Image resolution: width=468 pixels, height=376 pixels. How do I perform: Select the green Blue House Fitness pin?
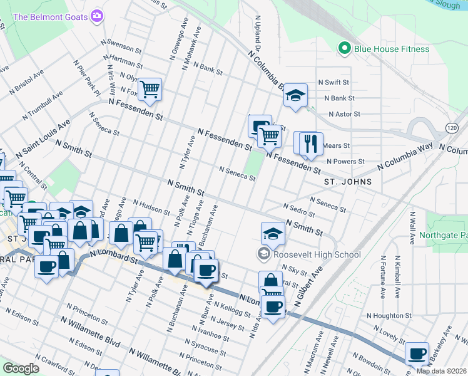343,48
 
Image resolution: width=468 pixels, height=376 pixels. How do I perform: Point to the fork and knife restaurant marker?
311,143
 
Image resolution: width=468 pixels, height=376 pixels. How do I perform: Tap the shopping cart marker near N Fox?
150,90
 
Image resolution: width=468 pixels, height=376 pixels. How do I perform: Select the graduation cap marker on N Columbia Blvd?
296,96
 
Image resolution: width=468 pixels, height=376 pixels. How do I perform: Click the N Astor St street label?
339,114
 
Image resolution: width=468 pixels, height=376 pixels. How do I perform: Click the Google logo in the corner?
21,368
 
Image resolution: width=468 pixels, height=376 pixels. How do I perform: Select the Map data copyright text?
441,371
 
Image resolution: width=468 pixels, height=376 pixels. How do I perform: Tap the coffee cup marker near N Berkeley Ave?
417,353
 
